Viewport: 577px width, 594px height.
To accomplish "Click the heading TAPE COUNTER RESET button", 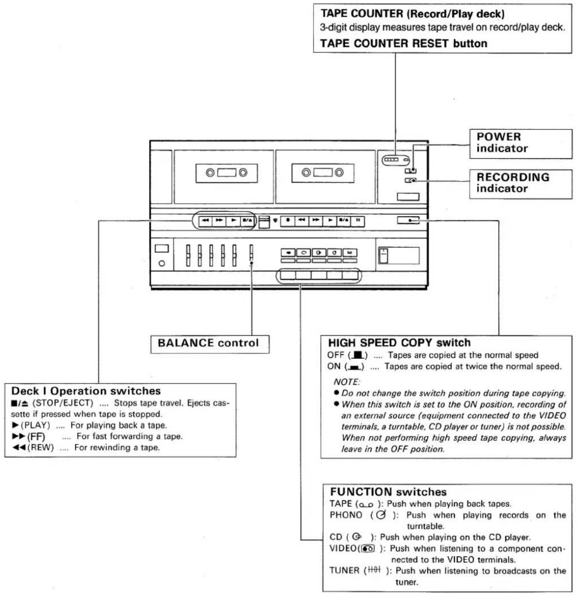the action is [x=404, y=44].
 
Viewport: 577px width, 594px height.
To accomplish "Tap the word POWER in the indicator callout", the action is [x=498, y=137].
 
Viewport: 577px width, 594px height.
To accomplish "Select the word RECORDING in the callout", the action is [x=513, y=177].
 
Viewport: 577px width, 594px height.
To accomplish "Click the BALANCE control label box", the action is [x=210, y=344].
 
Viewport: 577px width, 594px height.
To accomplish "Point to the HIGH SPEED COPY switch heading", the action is [x=399, y=343].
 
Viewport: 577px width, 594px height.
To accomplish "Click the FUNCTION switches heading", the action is [x=388, y=492].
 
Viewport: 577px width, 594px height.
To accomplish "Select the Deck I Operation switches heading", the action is [x=86, y=391].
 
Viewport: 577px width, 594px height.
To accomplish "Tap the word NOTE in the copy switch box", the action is [x=346, y=382].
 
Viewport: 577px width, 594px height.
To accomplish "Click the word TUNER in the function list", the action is [x=344, y=570].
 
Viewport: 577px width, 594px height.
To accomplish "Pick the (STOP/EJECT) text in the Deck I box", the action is [x=63, y=403].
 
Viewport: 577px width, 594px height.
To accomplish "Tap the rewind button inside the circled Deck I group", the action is [x=205, y=220].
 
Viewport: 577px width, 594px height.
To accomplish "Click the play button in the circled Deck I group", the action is [x=233, y=220].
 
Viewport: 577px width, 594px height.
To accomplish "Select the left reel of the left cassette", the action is [x=210, y=173].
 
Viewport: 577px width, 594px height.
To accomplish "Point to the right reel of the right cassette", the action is [x=339, y=172].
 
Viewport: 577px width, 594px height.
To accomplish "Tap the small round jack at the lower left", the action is [x=162, y=263].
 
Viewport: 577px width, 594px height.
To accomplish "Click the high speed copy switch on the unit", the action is [x=408, y=220].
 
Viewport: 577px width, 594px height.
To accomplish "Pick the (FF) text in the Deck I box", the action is [x=36, y=437].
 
